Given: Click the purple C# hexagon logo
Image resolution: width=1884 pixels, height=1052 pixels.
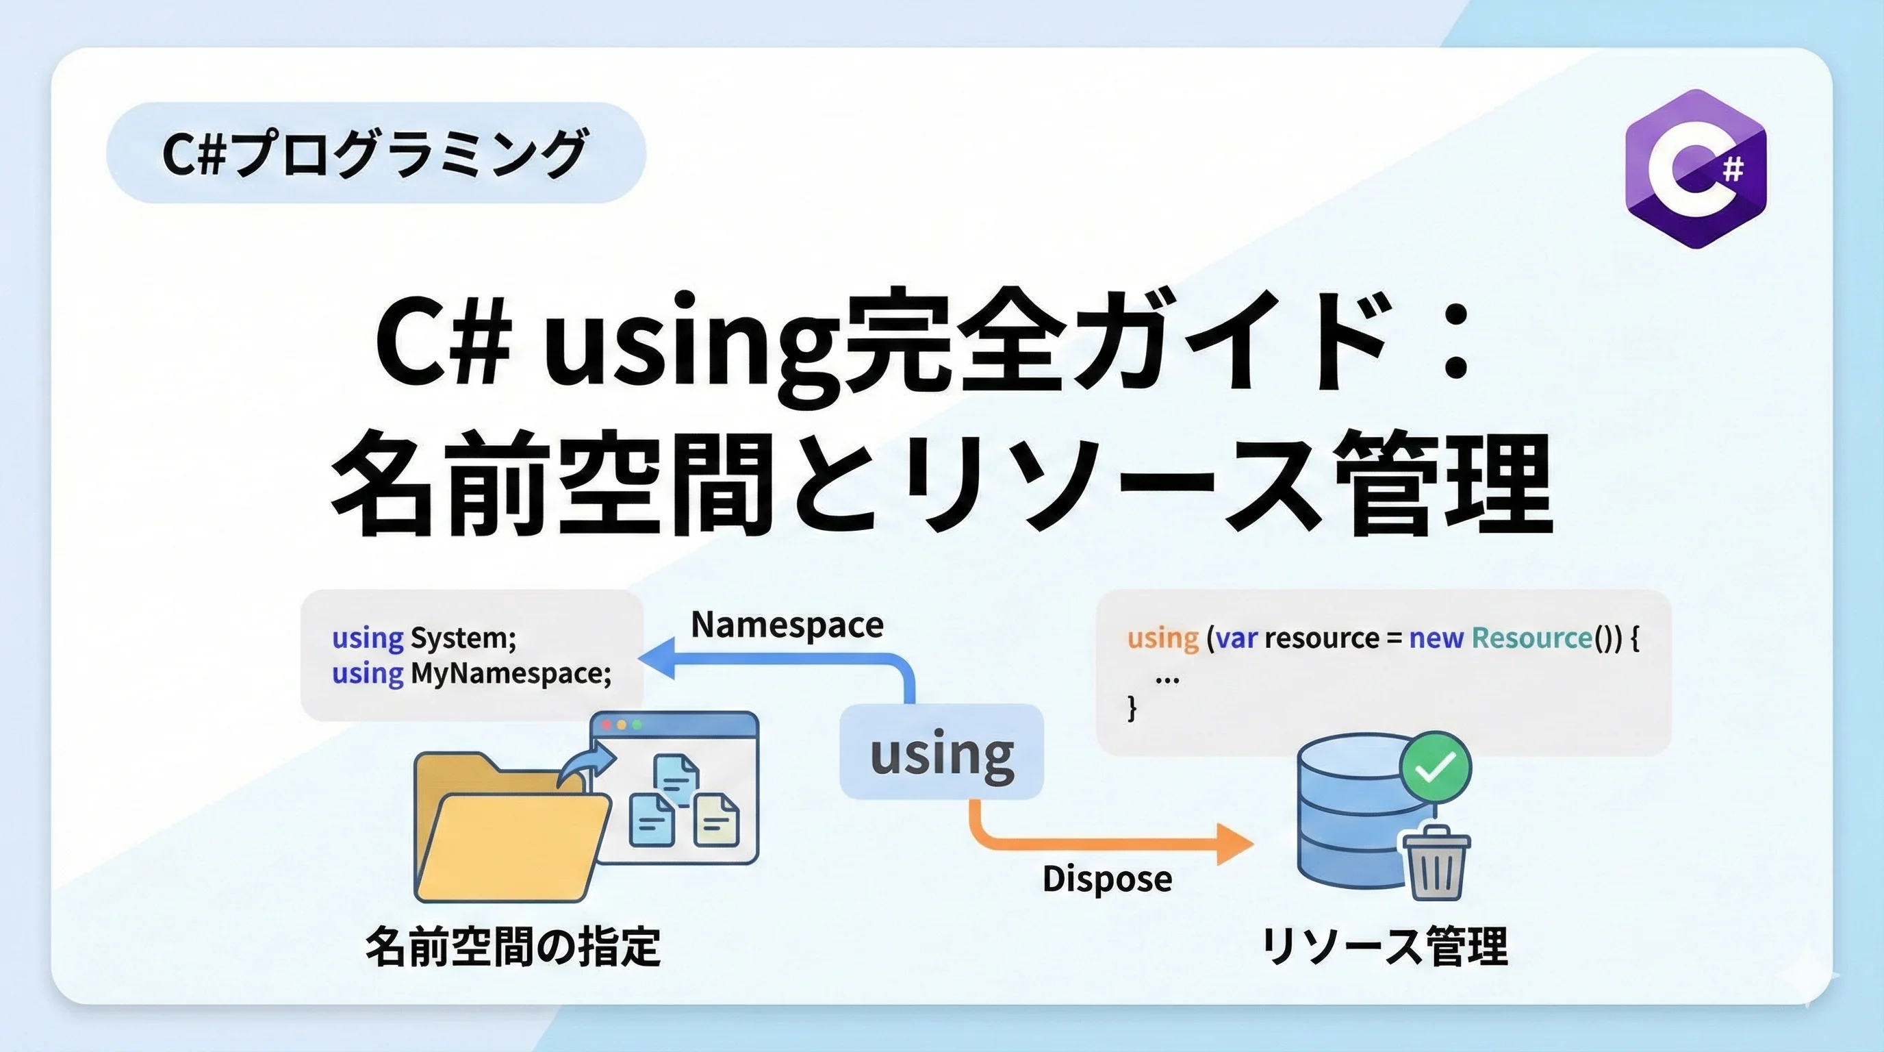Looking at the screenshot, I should (1695, 169).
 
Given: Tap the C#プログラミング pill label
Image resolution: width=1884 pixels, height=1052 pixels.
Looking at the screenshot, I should (375, 153).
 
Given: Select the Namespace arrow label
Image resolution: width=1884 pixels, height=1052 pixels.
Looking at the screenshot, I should (787, 625).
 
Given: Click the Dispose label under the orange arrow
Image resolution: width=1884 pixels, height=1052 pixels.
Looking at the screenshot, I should (1106, 879).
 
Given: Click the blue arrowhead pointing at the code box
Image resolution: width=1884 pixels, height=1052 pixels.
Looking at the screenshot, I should (657, 657).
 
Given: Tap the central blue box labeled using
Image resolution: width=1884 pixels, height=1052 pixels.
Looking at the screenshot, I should (941, 752).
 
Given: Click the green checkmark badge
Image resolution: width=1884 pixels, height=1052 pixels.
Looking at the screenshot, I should (1434, 766).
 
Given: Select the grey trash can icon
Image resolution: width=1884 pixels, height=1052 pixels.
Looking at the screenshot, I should (1435, 864).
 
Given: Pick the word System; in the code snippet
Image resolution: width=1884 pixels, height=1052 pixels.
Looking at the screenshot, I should (463, 638).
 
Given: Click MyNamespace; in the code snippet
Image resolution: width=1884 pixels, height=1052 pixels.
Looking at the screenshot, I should (511, 673).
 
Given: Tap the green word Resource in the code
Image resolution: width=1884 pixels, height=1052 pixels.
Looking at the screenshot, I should (1531, 638).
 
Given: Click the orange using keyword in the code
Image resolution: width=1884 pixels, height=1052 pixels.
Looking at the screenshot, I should (1162, 638).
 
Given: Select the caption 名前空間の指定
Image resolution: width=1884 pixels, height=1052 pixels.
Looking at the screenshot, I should (513, 947).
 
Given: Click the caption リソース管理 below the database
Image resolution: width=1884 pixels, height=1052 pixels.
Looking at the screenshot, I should (1384, 947).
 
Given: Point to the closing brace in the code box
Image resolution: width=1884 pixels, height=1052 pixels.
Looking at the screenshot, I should (1132, 708).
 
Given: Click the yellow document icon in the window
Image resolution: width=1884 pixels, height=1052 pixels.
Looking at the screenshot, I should (716, 820).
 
